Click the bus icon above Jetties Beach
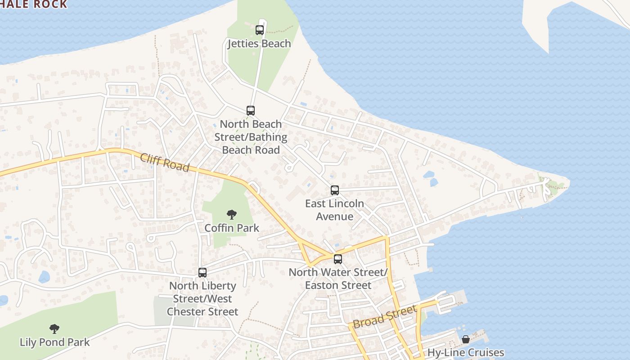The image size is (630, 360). tap(260, 30)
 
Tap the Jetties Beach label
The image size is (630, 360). tap(259, 44)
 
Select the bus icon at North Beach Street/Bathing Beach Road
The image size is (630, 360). tap(251, 111)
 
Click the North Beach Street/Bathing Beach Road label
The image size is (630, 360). tap(251, 137)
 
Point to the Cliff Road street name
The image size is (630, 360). tap(165, 162)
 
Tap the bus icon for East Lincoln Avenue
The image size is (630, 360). tap(334, 190)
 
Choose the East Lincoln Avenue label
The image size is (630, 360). tap(334, 210)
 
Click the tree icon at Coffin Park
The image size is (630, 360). tap(232, 215)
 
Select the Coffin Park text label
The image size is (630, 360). tap(232, 228)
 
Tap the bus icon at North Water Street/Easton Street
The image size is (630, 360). tap(337, 259)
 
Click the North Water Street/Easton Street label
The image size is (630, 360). tap(338, 279)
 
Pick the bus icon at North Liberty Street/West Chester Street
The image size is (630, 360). tap(202, 273)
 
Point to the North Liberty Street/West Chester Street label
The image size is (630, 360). tap(202, 299)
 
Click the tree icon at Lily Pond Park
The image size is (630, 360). tap(54, 329)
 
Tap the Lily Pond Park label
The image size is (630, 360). tap(55, 342)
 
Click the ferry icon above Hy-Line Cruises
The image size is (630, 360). tap(466, 339)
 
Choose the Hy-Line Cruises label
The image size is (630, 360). tap(466, 352)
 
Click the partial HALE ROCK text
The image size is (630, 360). tap(34, 4)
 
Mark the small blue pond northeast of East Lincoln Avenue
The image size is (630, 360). tap(430, 178)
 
